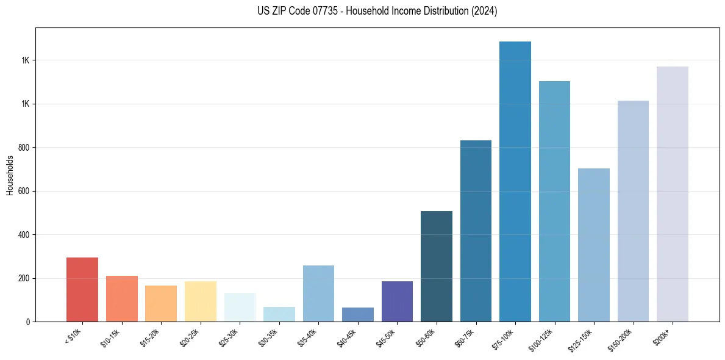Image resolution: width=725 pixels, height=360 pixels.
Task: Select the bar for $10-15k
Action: [121, 298]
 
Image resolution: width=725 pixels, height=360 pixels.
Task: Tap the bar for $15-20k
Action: [161, 303]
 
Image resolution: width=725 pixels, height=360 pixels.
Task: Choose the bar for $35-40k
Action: [318, 293]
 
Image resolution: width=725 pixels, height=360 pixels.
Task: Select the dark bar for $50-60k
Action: [437, 266]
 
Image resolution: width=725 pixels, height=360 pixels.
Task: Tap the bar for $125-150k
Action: [594, 245]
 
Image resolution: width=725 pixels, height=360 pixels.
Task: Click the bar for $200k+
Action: [673, 194]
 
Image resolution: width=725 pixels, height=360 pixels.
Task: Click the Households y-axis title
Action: [10, 175]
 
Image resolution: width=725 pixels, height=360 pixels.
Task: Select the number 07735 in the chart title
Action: [319, 11]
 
